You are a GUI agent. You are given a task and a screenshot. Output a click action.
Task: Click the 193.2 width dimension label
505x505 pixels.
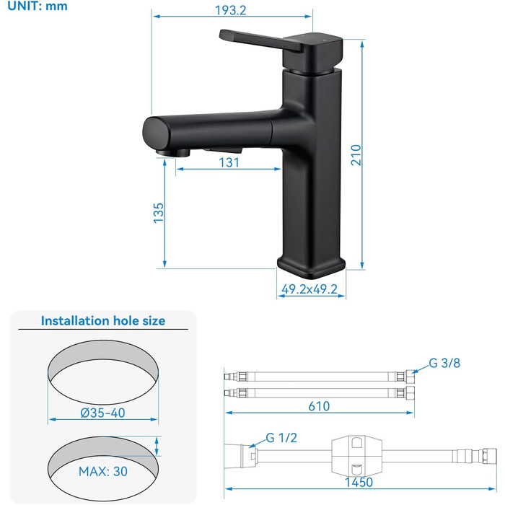coord(230,10)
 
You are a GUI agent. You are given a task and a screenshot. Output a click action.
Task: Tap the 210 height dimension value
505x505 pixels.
coord(356,155)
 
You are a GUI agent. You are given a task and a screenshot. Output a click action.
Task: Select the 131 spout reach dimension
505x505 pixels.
coord(229,162)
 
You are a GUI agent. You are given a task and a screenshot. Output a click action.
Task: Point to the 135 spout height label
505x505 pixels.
coord(159,213)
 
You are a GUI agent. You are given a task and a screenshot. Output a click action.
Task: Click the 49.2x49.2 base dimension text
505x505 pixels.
coord(309,289)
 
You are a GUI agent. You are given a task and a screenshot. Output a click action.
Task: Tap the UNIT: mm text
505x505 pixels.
coord(38,6)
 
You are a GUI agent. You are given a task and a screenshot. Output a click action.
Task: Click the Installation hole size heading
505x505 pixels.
coord(103,321)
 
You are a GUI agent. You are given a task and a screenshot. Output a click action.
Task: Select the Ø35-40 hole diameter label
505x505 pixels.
coord(102,413)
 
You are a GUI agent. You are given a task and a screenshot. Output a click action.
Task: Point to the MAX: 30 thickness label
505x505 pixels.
coord(103,471)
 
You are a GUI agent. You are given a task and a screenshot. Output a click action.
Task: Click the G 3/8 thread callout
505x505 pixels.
coord(444,363)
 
